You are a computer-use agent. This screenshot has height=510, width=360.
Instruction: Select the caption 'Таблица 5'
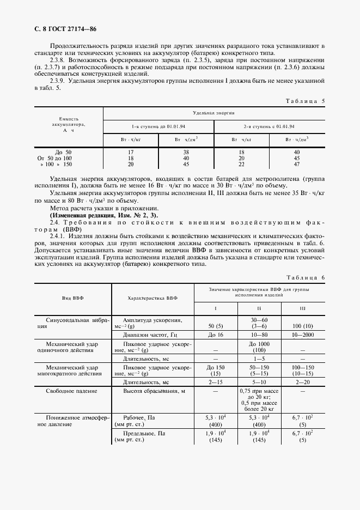click(305, 101)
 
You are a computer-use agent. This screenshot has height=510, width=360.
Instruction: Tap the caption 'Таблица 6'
click(305, 278)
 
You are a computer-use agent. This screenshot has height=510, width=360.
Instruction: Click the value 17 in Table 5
click(131, 152)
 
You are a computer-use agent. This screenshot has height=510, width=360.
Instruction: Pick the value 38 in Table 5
click(186, 152)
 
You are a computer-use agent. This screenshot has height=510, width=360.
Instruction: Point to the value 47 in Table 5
click(297, 163)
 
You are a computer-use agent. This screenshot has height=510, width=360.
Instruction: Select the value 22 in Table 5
click(241, 163)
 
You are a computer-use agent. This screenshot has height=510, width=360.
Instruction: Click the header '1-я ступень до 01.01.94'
click(158, 126)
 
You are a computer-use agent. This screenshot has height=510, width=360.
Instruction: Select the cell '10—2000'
click(303, 335)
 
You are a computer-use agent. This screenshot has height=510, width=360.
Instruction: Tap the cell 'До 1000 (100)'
click(259, 348)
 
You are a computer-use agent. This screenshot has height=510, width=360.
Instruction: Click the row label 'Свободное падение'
click(72, 391)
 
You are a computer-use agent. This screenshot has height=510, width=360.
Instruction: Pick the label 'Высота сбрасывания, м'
click(151, 391)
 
